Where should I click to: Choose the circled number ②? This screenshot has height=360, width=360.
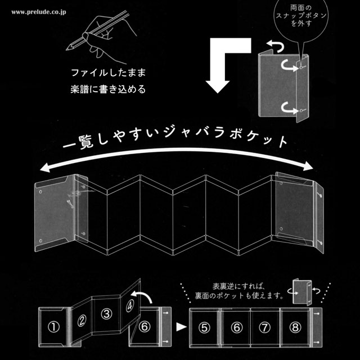coord(82,321)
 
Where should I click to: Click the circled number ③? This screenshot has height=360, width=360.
coord(105,316)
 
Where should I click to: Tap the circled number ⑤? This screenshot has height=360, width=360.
coord(206,327)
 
